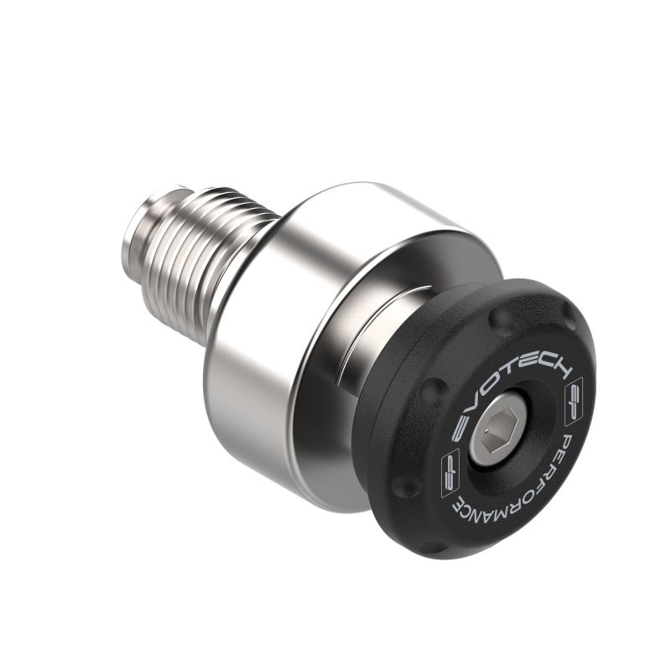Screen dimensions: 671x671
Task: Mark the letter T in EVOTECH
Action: point(500,374)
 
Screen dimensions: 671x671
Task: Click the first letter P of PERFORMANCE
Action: point(569,440)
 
